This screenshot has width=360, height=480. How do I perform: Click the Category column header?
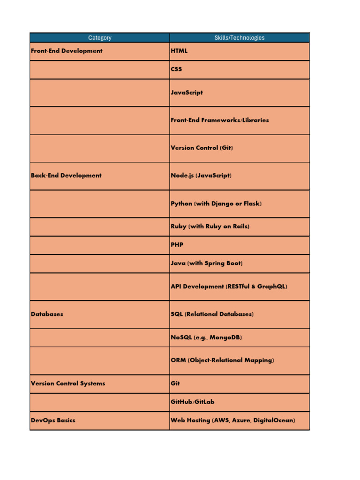99,37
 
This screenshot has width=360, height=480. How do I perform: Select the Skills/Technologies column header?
239,37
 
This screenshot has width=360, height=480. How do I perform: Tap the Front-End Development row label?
66,51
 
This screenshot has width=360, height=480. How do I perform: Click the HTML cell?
179,51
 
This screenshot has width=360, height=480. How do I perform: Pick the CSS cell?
176,69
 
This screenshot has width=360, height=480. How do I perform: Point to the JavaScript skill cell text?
187,92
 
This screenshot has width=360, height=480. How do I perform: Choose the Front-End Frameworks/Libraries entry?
219,120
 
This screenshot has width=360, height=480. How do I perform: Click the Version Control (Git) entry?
202,148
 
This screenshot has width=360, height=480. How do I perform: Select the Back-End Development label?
66,175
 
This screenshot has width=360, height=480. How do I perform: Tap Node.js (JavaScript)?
201,175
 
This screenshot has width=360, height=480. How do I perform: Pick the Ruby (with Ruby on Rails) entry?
210,226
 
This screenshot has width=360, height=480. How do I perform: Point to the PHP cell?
177,245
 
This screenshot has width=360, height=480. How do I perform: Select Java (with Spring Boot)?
206,263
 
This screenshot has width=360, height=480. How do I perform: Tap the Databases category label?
47,314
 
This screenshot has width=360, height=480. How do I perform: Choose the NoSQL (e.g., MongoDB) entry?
206,337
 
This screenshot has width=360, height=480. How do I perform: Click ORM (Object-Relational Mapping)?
222,360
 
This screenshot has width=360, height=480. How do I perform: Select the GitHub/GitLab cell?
193,402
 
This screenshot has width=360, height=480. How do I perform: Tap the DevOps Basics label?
53,420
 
